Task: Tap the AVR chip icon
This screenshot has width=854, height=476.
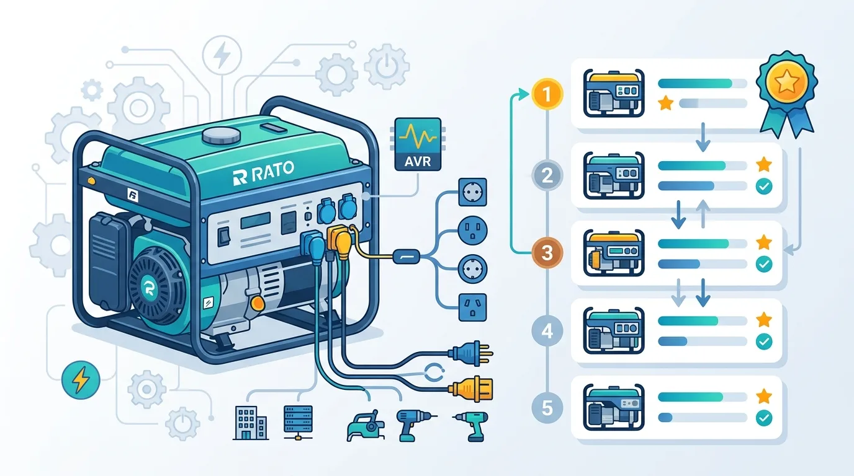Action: click(x=418, y=144)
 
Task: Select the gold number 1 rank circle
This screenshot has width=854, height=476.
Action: click(x=547, y=94)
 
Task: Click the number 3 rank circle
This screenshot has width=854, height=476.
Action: click(x=547, y=252)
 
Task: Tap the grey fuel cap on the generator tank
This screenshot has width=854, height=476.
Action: click(x=221, y=136)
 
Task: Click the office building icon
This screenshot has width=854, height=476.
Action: click(x=251, y=423)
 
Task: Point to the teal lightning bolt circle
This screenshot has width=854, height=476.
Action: click(x=81, y=380)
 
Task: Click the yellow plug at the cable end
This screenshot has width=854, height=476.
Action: click(x=471, y=389)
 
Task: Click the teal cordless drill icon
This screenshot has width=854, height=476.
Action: click(x=472, y=426)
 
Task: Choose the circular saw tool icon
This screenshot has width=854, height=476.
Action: click(x=365, y=426)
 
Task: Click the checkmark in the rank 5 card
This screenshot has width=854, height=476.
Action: click(x=764, y=418)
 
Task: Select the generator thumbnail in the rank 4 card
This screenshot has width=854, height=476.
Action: click(x=614, y=330)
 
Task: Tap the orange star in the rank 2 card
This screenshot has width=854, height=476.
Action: click(x=764, y=164)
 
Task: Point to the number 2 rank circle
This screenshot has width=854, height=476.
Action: click(x=547, y=175)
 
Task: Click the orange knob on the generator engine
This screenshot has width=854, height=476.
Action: click(x=258, y=303)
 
